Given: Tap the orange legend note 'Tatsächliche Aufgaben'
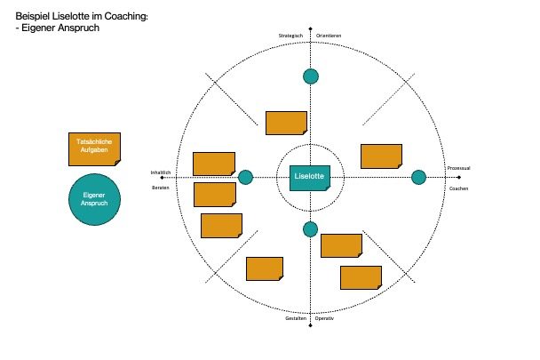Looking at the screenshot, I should pyautogui.click(x=95, y=149).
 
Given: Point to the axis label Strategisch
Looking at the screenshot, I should pyautogui.click(x=291, y=36).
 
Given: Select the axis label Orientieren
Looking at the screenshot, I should pyautogui.click(x=329, y=36).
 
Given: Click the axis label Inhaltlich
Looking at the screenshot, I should pyautogui.click(x=160, y=172).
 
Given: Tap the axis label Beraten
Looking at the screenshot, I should pyautogui.click(x=161, y=188).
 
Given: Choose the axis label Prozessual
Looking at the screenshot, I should pyautogui.click(x=458, y=167).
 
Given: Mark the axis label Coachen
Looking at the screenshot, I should pyautogui.click(x=458, y=188).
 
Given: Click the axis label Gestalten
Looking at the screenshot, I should pyautogui.click(x=295, y=318).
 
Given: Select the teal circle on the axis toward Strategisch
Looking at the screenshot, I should pyautogui.click(x=310, y=76).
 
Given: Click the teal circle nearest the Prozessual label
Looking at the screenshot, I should pyautogui.click(x=418, y=178).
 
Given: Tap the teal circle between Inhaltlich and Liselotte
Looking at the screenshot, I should pyautogui.click(x=246, y=178).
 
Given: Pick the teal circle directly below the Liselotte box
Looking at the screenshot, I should pyautogui.click(x=310, y=229).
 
